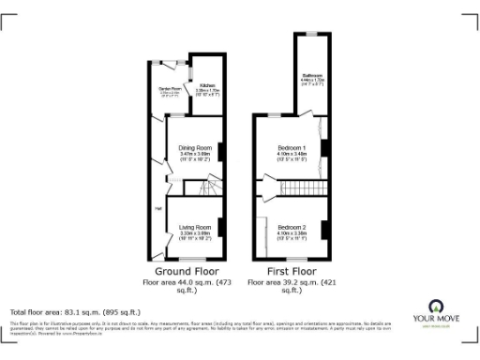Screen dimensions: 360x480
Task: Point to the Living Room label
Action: pos(196,228)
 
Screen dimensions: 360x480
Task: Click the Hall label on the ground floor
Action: pos(158,208)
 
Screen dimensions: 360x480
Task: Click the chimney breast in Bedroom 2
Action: pos(323,228)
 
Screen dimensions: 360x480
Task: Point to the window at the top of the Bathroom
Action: pos(312,34)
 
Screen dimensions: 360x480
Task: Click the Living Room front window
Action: pos(193,260)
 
